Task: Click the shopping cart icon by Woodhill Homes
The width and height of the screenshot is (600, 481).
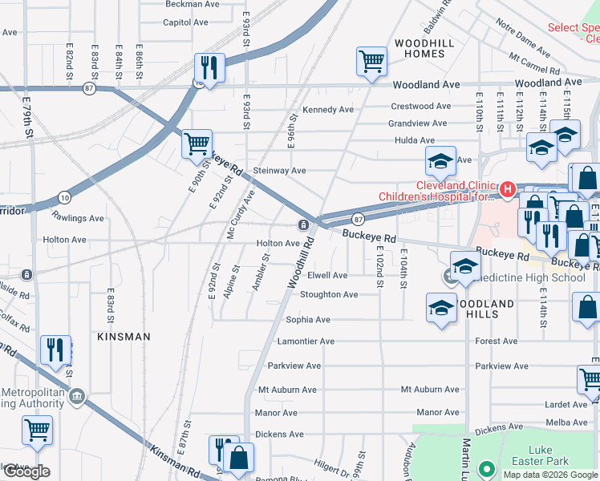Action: tap(371, 62)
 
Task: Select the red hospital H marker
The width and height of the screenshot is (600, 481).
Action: tap(506, 190)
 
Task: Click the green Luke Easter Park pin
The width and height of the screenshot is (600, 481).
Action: tap(485, 468)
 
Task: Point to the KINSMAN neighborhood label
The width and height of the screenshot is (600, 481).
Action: tap(124, 337)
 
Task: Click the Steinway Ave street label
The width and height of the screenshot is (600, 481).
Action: tap(279, 171)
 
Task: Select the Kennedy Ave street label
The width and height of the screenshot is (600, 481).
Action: tap(327, 110)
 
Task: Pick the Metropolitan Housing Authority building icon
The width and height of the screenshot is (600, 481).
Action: tap(77, 395)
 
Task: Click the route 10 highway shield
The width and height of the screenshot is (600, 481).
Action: tap(64, 197)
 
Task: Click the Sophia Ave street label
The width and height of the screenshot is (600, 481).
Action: tap(308, 320)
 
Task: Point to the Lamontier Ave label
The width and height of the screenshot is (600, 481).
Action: tap(305, 342)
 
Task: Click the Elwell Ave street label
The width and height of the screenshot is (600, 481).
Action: tap(327, 275)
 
